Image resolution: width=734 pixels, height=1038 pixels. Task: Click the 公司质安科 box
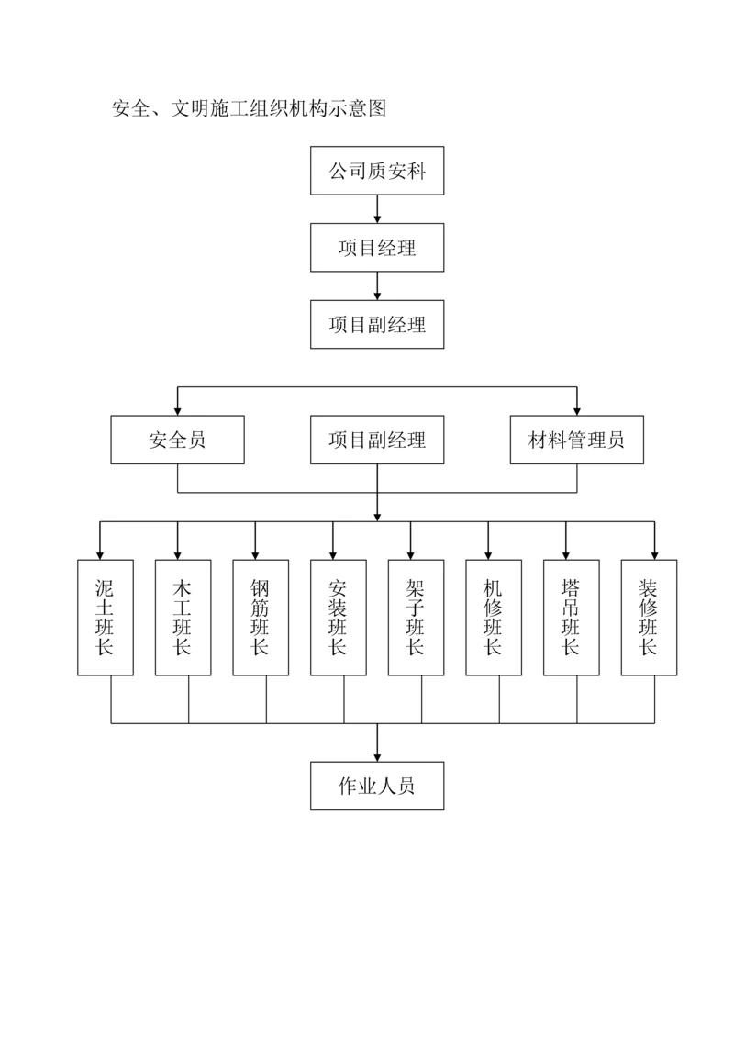(377, 171)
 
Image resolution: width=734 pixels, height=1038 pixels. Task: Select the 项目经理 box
(377, 248)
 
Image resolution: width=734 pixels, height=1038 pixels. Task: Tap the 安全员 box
(177, 440)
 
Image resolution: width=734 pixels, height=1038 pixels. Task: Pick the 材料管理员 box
(576, 440)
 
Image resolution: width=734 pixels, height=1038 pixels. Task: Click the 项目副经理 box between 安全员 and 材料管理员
(377, 440)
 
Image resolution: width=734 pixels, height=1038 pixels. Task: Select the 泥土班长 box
(105, 618)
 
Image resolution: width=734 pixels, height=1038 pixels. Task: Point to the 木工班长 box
(183, 618)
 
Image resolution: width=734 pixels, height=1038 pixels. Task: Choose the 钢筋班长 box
(261, 618)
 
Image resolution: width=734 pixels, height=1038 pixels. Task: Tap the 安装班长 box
(338, 618)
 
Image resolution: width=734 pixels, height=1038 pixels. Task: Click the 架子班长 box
(416, 618)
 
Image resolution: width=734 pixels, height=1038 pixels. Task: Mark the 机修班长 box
(494, 618)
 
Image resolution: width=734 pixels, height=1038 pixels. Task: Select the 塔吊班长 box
(571, 618)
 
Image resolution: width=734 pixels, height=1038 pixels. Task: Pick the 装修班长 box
(649, 618)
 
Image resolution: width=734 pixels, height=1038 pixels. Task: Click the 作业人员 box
(377, 786)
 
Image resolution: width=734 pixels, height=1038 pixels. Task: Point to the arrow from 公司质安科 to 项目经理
(377, 209)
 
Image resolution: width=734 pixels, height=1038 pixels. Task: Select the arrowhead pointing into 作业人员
(377, 755)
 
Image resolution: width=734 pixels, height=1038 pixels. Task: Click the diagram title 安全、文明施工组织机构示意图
(248, 109)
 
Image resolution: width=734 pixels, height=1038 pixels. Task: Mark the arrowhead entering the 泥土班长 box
(100, 553)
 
